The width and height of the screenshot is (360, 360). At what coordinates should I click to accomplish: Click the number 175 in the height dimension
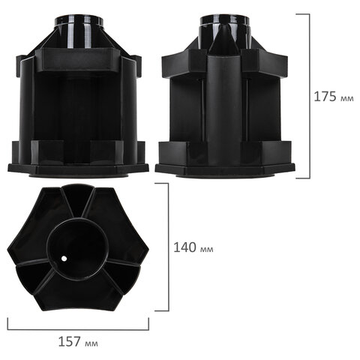325,97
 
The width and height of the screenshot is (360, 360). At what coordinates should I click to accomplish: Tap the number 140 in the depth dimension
184,247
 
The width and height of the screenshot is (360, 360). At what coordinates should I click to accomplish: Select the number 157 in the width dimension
70,341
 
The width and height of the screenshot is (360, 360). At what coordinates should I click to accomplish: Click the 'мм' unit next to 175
347,98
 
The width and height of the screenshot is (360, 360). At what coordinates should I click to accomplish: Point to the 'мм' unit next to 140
207,250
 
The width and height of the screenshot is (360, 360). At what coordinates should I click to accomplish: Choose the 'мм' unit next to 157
91,343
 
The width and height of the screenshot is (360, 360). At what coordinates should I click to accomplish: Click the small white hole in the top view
64,259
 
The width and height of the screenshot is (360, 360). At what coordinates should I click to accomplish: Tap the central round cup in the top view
77,248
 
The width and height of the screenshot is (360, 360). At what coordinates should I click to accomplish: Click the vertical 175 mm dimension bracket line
310,96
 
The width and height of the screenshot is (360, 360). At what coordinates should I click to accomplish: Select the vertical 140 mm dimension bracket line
169,247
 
